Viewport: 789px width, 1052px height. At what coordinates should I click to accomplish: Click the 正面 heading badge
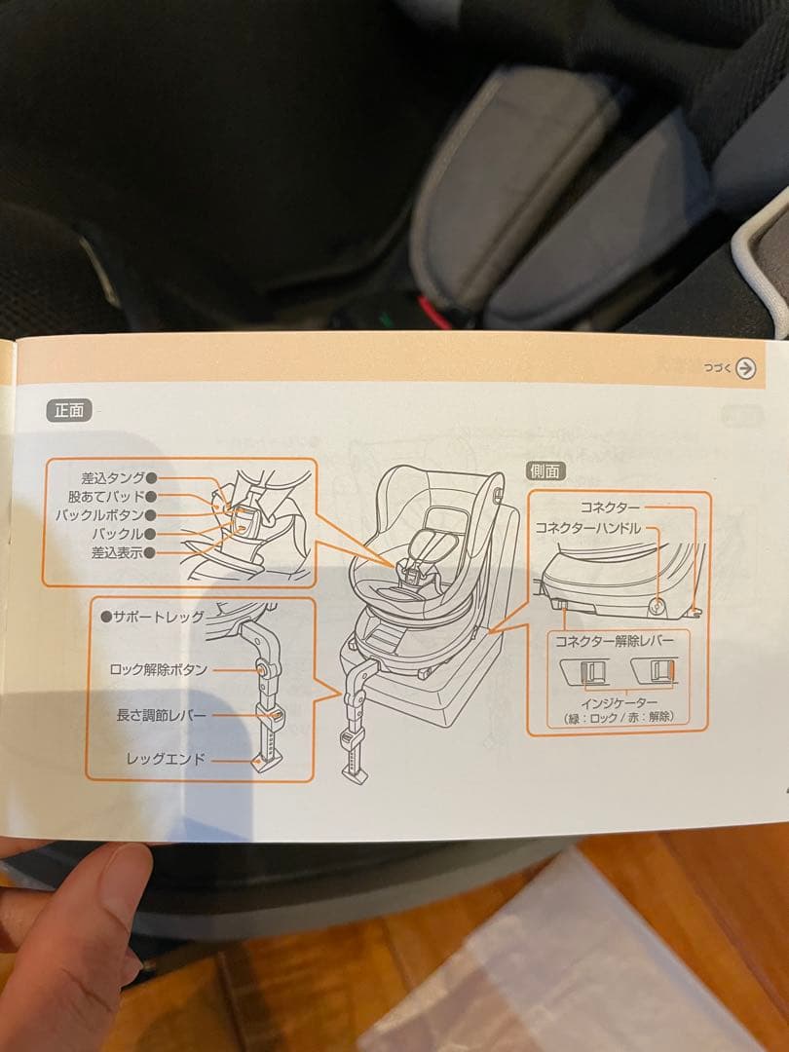point(69,410)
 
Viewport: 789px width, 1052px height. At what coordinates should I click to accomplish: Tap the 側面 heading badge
point(545,470)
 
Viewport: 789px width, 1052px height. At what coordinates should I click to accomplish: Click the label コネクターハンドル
point(588,527)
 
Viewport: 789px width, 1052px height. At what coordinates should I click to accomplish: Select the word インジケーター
point(620,703)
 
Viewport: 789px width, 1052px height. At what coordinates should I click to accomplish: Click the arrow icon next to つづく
point(746,368)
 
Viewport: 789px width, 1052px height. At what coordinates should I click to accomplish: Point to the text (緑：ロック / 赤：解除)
point(620,718)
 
